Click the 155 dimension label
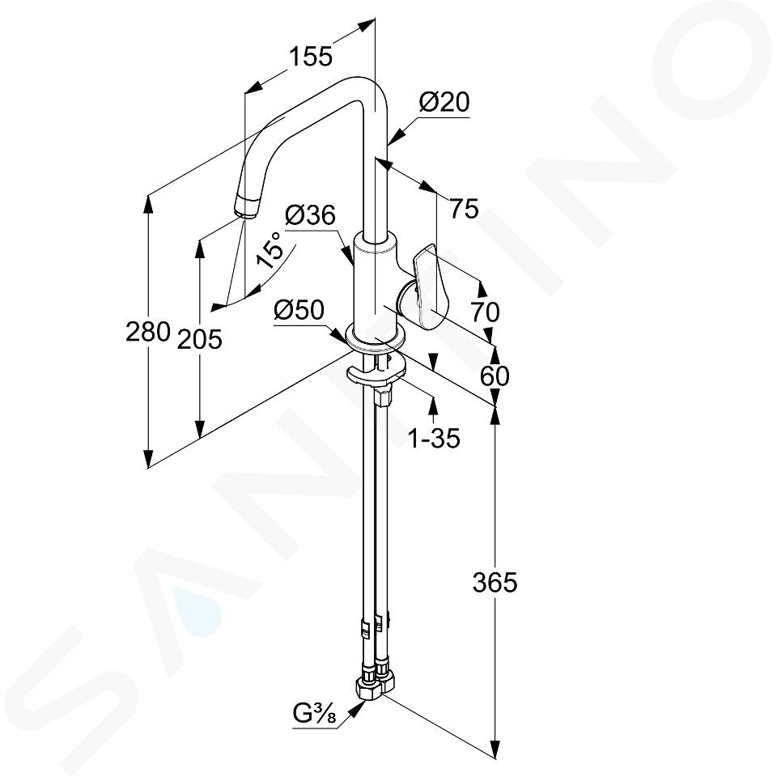click(311, 56)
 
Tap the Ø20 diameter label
click(444, 103)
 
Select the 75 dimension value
click(465, 208)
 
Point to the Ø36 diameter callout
click(311, 215)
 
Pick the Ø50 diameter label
click(299, 311)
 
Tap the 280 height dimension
click(147, 331)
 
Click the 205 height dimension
click(200, 339)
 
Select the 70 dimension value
click(485, 312)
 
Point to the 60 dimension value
click(495, 376)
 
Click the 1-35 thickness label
click(434, 438)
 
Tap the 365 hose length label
click(495, 582)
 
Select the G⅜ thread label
click(315, 714)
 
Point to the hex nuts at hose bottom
click(374, 683)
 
